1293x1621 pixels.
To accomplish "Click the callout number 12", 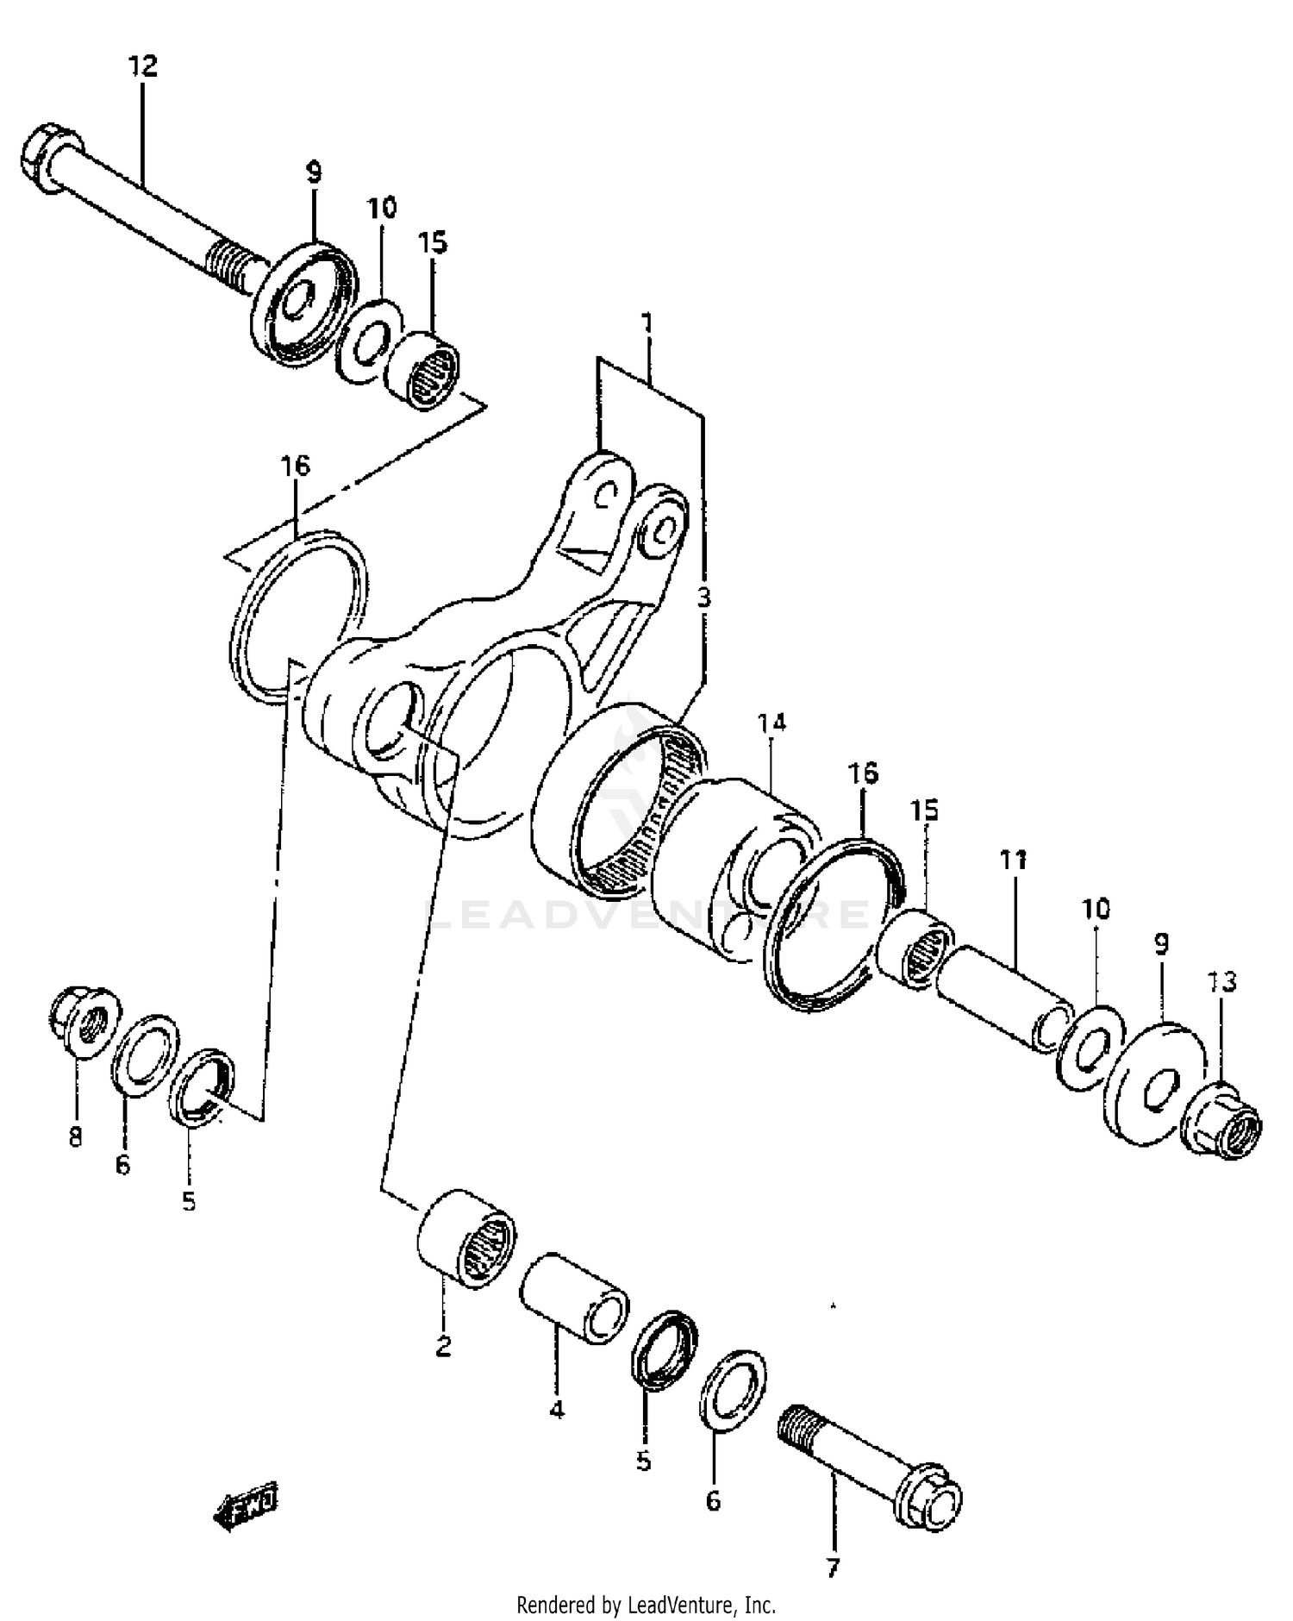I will (x=144, y=66).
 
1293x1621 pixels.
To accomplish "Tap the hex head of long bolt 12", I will (x=41, y=156).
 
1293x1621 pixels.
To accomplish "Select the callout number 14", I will (x=772, y=723).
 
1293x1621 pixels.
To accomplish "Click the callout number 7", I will (x=832, y=1567).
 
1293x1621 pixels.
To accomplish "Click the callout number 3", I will (x=703, y=597).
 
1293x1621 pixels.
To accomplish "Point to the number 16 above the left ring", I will (x=294, y=466).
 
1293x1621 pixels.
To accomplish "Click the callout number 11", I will (x=1014, y=859).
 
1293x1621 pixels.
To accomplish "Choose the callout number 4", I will (x=557, y=1410).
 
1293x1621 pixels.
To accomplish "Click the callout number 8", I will (x=75, y=1137).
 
